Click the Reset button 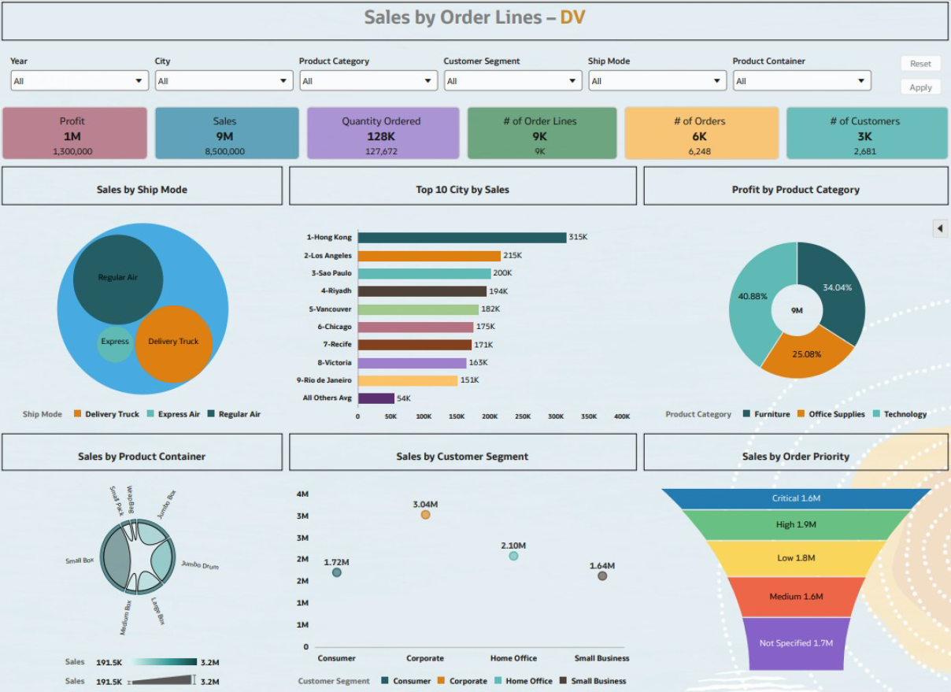coord(920,64)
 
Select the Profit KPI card coord(75,134)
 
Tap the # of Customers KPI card coord(867,134)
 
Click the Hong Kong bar coord(462,238)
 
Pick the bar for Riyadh coord(422,291)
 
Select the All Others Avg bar coord(376,398)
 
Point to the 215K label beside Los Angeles coord(513,256)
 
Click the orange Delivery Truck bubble coord(174,343)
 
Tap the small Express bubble coord(115,343)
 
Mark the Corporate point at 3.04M coord(425,515)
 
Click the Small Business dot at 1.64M coord(602,576)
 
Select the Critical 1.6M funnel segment coord(796,498)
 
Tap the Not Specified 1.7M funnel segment coord(796,643)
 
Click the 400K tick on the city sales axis coord(622,416)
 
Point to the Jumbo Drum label coord(200,565)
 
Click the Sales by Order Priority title coord(796,457)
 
